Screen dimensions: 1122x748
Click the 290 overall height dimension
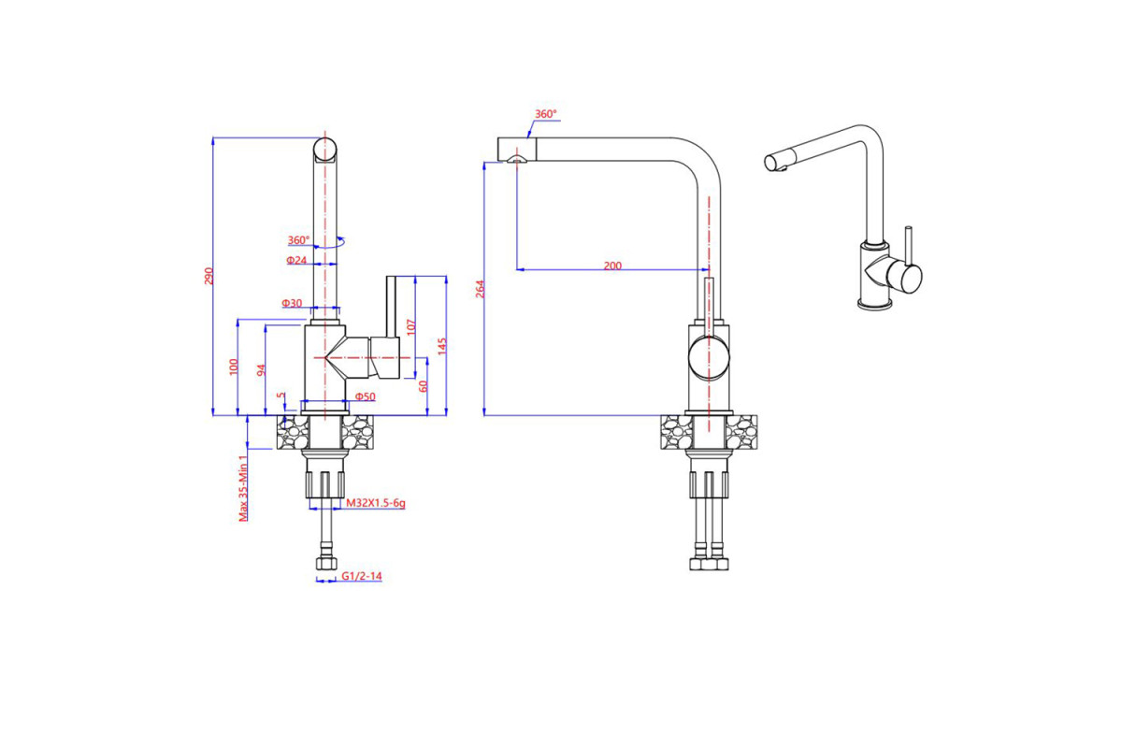pyautogui.click(x=209, y=276)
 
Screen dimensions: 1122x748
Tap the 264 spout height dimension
pyautogui.click(x=480, y=289)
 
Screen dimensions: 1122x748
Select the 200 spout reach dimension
pyautogui.click(x=612, y=266)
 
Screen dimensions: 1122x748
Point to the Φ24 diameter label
pyautogui.click(x=296, y=260)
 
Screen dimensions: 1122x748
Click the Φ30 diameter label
pyautogui.click(x=292, y=303)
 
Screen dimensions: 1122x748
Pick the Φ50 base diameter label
pyautogui.click(x=366, y=396)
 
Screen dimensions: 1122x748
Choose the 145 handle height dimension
pyautogui.click(x=441, y=346)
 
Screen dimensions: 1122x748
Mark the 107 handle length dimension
pyautogui.click(x=410, y=327)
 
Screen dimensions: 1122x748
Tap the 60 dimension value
pyautogui.click(x=424, y=386)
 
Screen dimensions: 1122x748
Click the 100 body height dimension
pyautogui.click(x=234, y=367)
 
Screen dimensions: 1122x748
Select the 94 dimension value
pyautogui.click(x=261, y=370)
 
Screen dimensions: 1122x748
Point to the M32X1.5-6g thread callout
pyautogui.click(x=376, y=502)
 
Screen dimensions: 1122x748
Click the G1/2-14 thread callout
pyautogui.click(x=362, y=576)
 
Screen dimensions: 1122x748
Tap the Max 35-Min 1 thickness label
pyautogui.click(x=243, y=488)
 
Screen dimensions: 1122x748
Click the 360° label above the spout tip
pyautogui.click(x=545, y=114)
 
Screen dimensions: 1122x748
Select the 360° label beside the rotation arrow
pyautogui.click(x=298, y=240)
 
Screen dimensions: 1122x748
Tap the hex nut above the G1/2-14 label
pyautogui.click(x=325, y=563)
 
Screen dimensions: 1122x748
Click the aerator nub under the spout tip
pyautogui.click(x=516, y=159)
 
